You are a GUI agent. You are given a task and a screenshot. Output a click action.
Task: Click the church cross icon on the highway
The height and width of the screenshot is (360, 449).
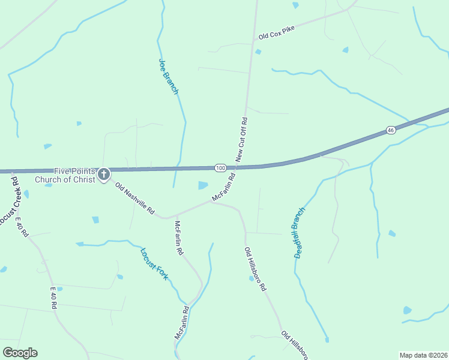click(x=104, y=174)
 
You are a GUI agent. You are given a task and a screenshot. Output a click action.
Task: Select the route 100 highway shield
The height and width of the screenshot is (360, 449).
click(x=220, y=167)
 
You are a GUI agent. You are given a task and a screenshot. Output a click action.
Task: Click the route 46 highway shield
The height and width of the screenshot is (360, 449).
click(x=391, y=130)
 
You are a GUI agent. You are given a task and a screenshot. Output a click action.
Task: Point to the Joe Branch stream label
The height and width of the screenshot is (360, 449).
click(x=169, y=76)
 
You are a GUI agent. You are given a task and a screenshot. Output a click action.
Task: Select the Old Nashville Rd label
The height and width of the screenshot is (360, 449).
click(x=135, y=199)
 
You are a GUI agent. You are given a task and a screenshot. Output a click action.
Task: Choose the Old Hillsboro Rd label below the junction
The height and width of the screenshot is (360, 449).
click(x=255, y=269)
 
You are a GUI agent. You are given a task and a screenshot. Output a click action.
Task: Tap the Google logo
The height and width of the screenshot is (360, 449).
click(x=20, y=353)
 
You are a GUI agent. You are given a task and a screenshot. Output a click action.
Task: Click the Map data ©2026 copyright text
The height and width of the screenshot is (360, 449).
click(x=423, y=355)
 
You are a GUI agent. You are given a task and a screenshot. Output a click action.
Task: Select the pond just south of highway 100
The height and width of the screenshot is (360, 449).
click(x=203, y=185)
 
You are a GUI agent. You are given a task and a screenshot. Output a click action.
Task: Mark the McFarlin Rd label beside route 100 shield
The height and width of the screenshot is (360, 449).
click(x=223, y=188)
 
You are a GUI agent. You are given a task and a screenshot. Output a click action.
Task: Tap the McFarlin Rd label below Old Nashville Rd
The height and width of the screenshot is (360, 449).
click(x=178, y=238)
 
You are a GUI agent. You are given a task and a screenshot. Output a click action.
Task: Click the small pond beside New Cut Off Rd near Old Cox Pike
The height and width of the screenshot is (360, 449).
click(x=258, y=52)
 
